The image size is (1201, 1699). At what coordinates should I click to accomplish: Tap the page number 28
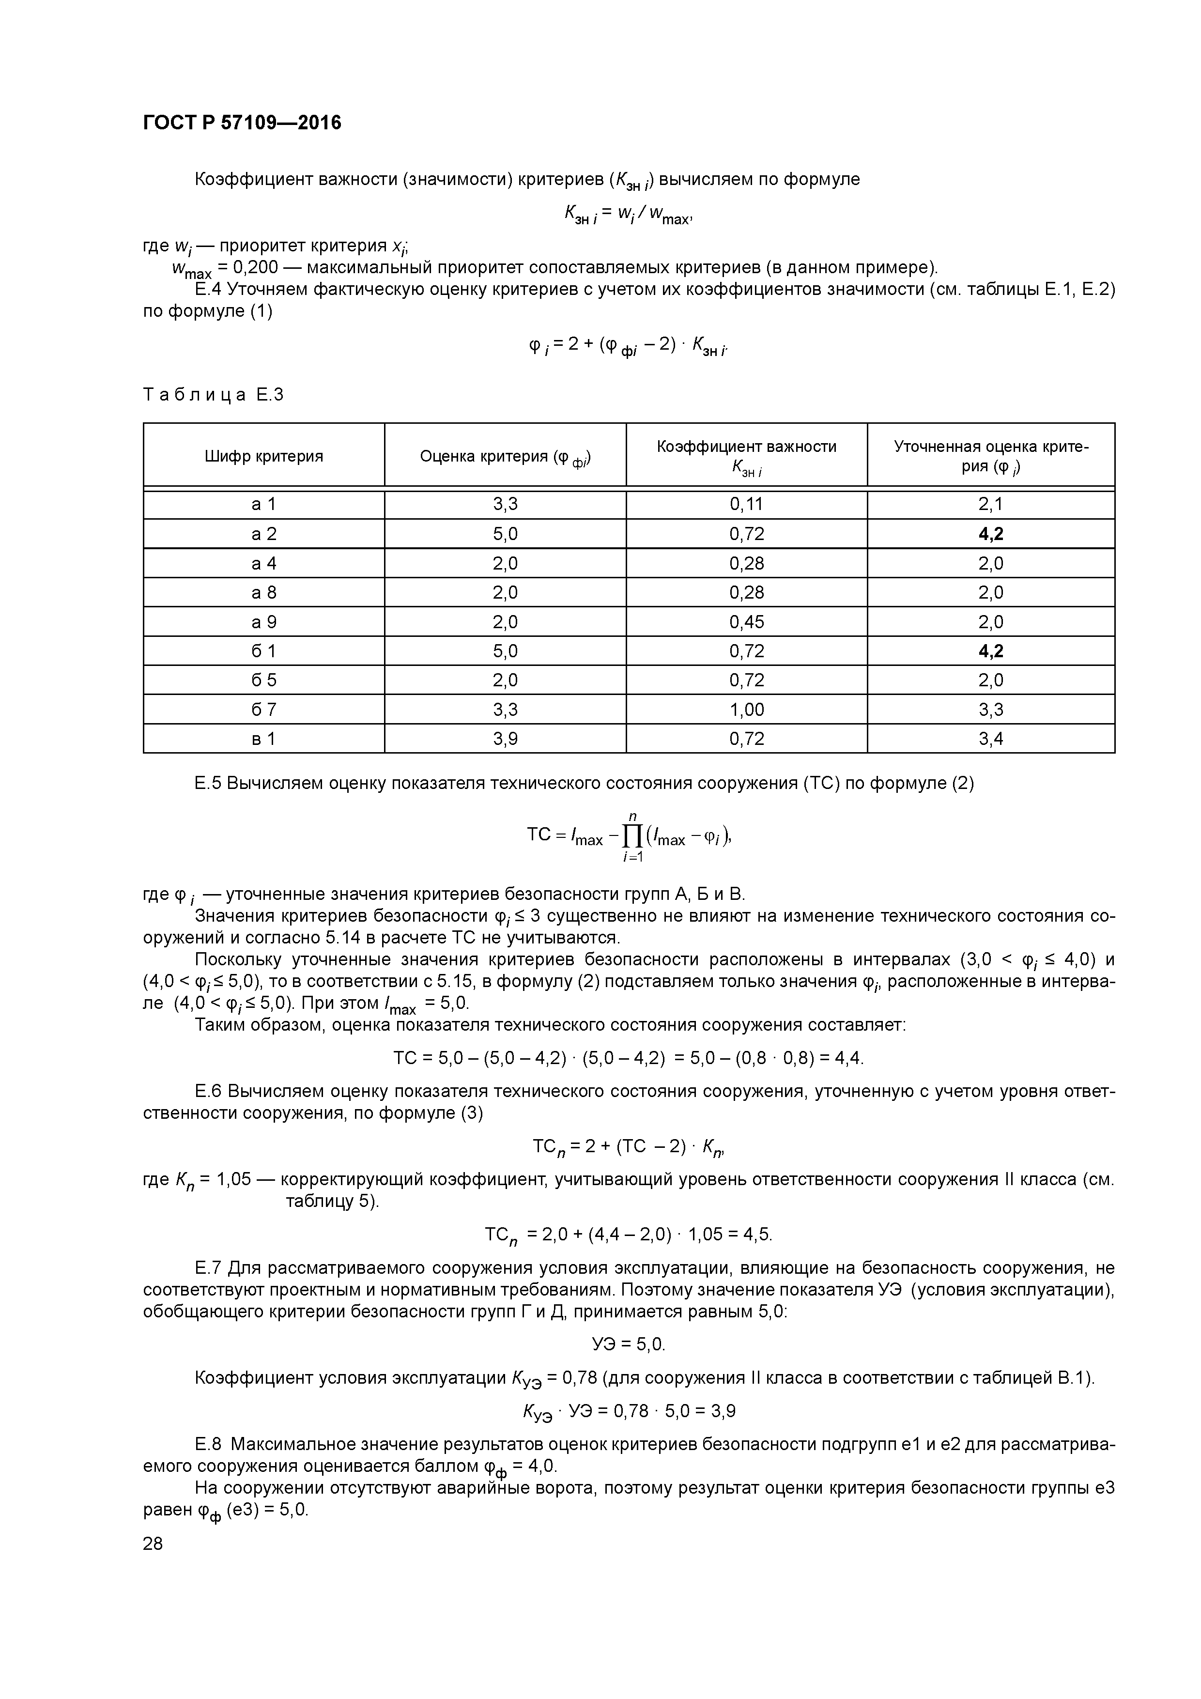point(153,1544)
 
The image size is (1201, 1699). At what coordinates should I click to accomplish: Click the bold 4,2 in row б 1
point(990,651)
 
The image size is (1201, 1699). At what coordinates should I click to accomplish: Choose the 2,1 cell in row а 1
point(990,505)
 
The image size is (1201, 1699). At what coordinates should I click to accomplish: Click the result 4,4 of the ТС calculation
point(848,1058)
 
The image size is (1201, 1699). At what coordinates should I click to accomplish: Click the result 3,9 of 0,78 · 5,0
point(723,1411)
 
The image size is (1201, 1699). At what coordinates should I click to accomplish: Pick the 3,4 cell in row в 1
point(990,739)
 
